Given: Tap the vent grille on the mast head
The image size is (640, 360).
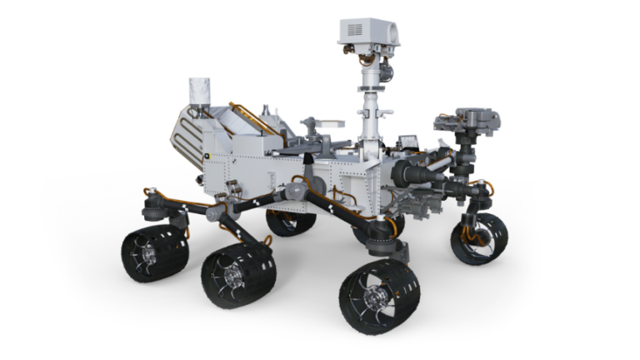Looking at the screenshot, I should (x=353, y=30).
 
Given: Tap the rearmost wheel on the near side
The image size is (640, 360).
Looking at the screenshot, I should (x=154, y=252).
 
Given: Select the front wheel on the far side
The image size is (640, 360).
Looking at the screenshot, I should (x=479, y=238).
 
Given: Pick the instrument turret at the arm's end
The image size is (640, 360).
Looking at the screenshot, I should (x=467, y=125).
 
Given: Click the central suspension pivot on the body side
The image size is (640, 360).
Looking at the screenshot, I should (x=297, y=190).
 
